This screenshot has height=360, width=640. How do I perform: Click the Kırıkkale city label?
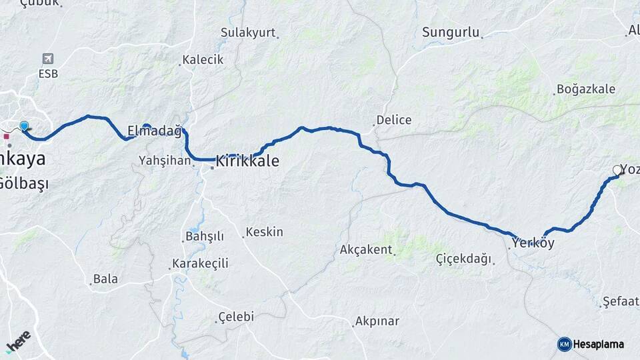[247, 161]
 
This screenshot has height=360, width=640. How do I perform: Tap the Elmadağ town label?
[154, 131]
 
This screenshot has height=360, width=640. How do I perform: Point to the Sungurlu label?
[451, 32]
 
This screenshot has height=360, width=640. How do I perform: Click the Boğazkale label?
[585, 89]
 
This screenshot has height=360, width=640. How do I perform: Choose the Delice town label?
[394, 120]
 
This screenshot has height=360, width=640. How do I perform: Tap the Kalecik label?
[203, 59]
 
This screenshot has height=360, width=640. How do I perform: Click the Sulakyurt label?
[247, 32]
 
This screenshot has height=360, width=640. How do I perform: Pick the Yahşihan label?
[165, 160]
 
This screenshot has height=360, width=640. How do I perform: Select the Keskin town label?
[264, 232]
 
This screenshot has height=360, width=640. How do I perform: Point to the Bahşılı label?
[204, 237]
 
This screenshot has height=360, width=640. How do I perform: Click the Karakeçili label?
[200, 263]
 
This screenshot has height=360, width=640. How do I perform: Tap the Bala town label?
[105, 279]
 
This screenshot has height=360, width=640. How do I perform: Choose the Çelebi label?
[236, 317]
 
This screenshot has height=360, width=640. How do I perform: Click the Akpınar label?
[377, 321]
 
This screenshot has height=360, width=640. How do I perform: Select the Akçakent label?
[365, 249]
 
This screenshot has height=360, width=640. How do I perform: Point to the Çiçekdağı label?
[463, 258]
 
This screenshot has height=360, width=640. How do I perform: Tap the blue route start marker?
[24, 126]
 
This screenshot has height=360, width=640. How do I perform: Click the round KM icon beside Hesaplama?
[564, 344]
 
